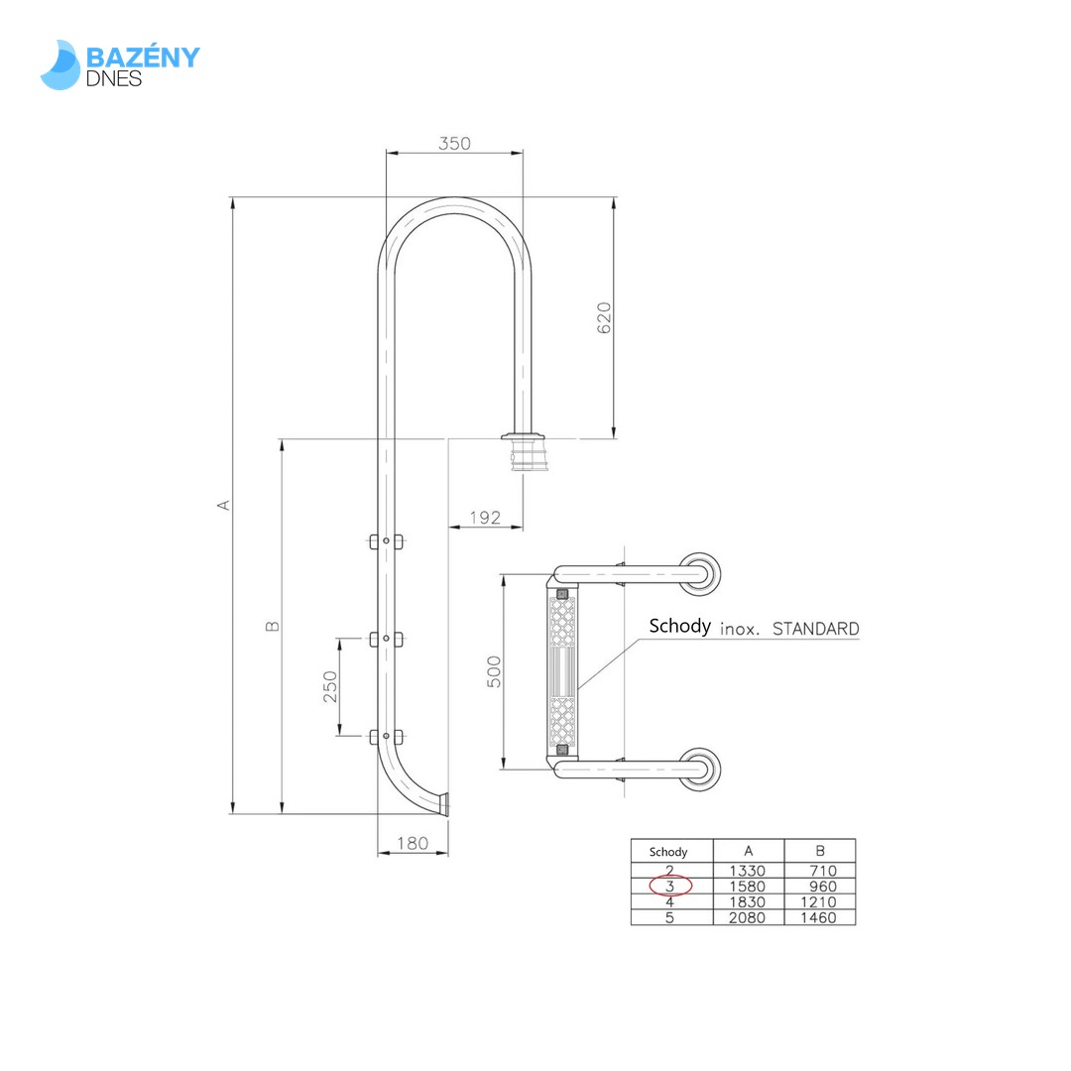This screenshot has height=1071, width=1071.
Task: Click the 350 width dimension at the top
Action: tap(454, 144)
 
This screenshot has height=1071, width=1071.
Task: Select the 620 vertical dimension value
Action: tap(604, 317)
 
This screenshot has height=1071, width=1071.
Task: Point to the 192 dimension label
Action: tap(484, 518)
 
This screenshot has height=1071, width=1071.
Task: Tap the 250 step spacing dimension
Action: tap(330, 686)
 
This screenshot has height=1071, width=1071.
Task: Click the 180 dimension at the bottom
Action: tap(412, 843)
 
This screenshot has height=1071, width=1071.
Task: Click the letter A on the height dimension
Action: tap(224, 505)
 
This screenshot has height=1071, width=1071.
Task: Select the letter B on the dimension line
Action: tap(273, 626)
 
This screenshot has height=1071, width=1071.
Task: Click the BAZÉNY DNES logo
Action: tap(120, 64)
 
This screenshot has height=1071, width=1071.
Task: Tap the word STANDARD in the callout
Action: tap(815, 629)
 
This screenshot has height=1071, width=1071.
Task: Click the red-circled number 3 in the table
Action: tap(670, 887)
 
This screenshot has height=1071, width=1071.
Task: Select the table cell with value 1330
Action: tap(748, 871)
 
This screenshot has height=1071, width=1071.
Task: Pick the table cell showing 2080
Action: tap(748, 918)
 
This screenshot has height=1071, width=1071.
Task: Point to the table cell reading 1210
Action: tap(819, 902)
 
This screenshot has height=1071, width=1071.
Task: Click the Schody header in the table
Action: tap(668, 852)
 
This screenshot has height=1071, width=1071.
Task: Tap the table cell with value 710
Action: tap(819, 871)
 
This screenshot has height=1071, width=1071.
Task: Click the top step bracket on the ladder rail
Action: tap(386, 541)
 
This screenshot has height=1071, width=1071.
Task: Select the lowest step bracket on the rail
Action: tap(386, 736)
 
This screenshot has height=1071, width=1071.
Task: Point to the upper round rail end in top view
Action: tap(702, 574)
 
